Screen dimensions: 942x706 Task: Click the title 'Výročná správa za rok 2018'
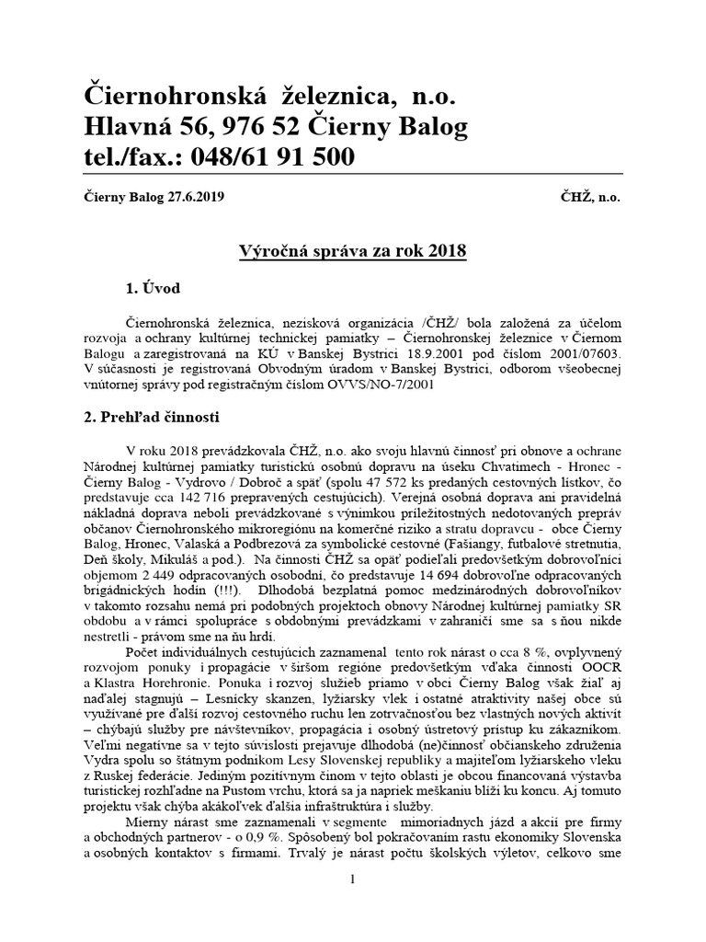click(x=352, y=251)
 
